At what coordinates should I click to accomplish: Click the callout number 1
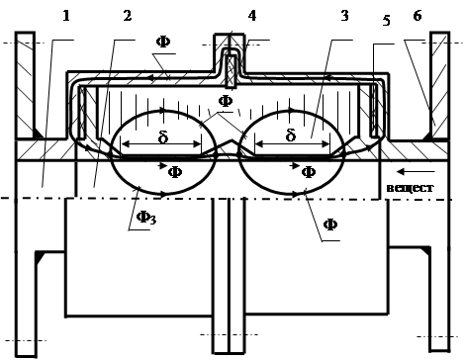point(66,16)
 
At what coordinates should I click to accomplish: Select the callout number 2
point(128,16)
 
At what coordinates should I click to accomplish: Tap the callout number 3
point(344,16)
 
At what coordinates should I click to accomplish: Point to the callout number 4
point(252,16)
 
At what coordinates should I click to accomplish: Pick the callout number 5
point(387,21)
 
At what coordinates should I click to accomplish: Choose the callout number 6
point(418,16)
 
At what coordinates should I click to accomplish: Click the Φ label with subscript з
point(146,218)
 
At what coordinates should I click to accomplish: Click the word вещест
point(410,188)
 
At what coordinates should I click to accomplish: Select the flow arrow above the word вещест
point(416,171)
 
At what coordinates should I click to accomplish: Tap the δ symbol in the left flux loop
point(163,136)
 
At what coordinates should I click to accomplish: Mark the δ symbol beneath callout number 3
point(290,135)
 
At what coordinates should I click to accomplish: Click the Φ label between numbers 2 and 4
point(163,43)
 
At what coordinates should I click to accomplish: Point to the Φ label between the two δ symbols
point(226,101)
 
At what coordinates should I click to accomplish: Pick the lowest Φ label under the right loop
point(330,225)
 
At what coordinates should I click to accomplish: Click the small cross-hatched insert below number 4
point(232,71)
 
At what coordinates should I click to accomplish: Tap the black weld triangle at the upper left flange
point(37,134)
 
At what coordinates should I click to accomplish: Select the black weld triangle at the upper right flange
point(427,135)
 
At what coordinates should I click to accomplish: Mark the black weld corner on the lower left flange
point(40,256)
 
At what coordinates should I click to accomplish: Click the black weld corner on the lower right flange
point(425,250)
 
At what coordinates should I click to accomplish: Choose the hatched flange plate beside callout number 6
point(440,86)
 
